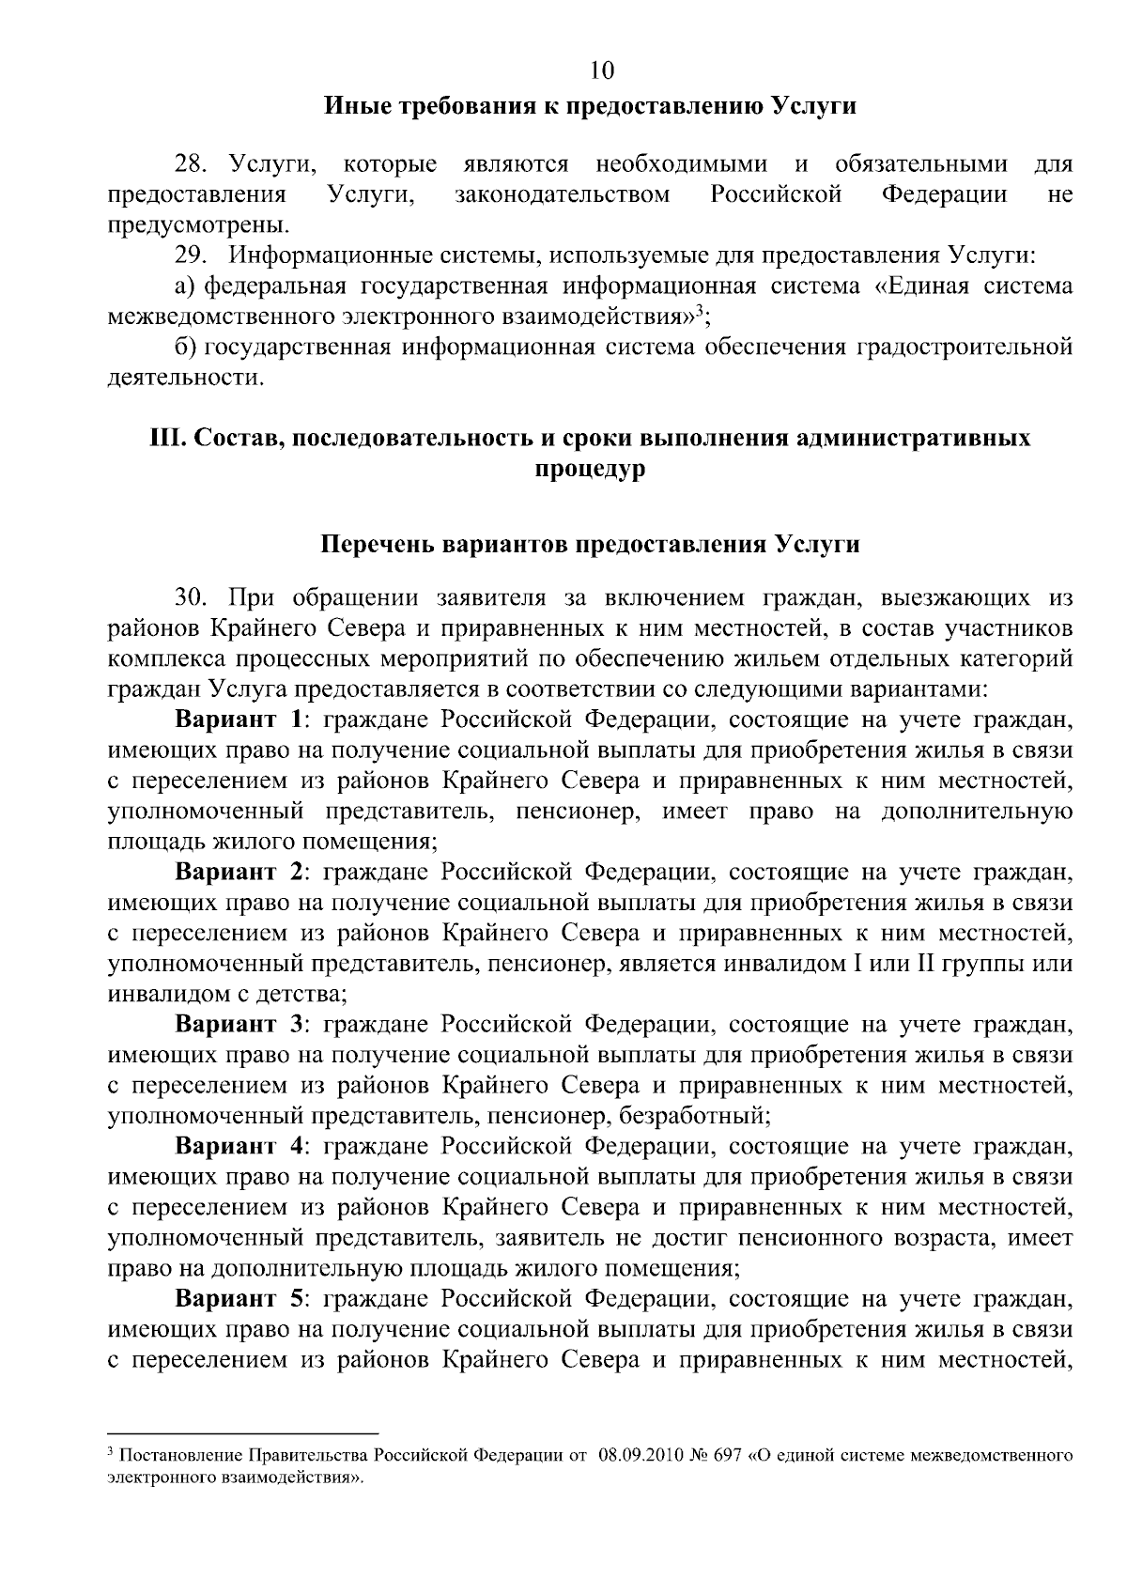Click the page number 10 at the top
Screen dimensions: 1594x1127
pyautogui.click(x=601, y=70)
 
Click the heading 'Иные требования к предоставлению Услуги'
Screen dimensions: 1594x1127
pyautogui.click(x=590, y=105)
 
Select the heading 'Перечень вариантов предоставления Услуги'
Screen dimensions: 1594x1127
pyautogui.click(x=590, y=545)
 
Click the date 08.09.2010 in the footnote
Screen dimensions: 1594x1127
pyautogui.click(x=637, y=1457)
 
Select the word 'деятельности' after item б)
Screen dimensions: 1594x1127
pyautogui.click(x=183, y=379)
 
